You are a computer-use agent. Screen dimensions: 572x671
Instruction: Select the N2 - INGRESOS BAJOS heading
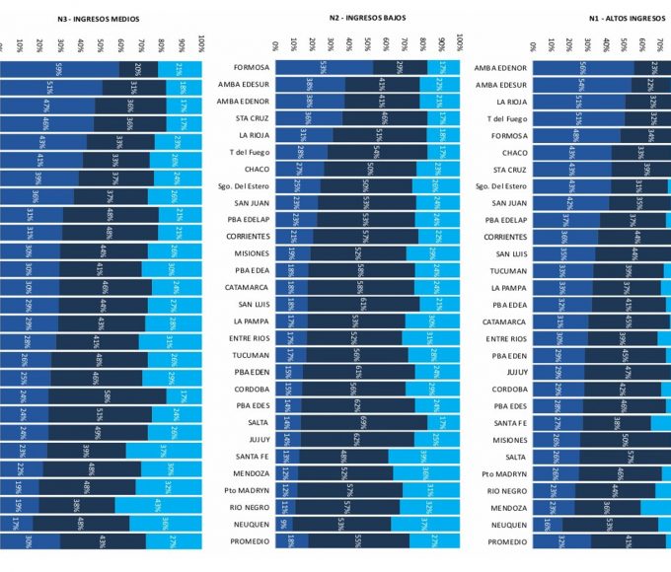(x=367, y=18)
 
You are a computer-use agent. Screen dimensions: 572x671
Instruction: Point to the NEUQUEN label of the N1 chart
(x=508, y=525)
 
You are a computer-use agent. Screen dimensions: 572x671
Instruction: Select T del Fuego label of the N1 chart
(x=507, y=118)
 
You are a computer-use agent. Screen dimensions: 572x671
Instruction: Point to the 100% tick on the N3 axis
(x=201, y=43)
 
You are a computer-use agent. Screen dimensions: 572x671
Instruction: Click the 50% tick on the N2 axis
(x=367, y=43)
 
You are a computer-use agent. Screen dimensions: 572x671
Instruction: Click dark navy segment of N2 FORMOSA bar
(x=400, y=67)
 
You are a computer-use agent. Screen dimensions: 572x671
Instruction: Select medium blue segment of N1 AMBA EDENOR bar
(x=583, y=67)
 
